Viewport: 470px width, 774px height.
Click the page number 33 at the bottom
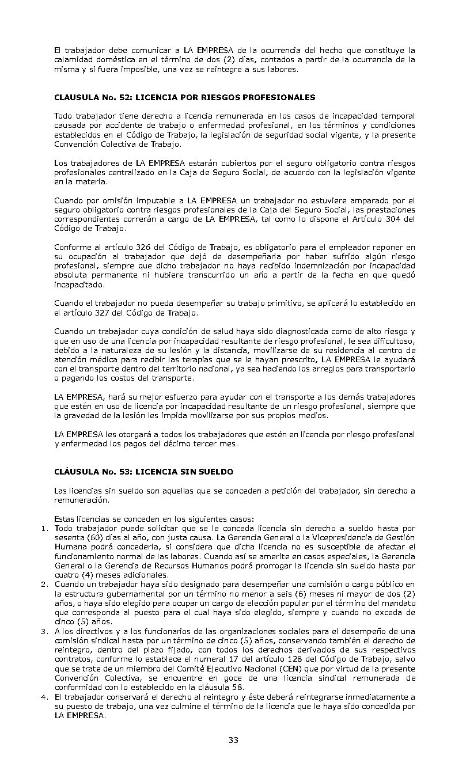[233, 740]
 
